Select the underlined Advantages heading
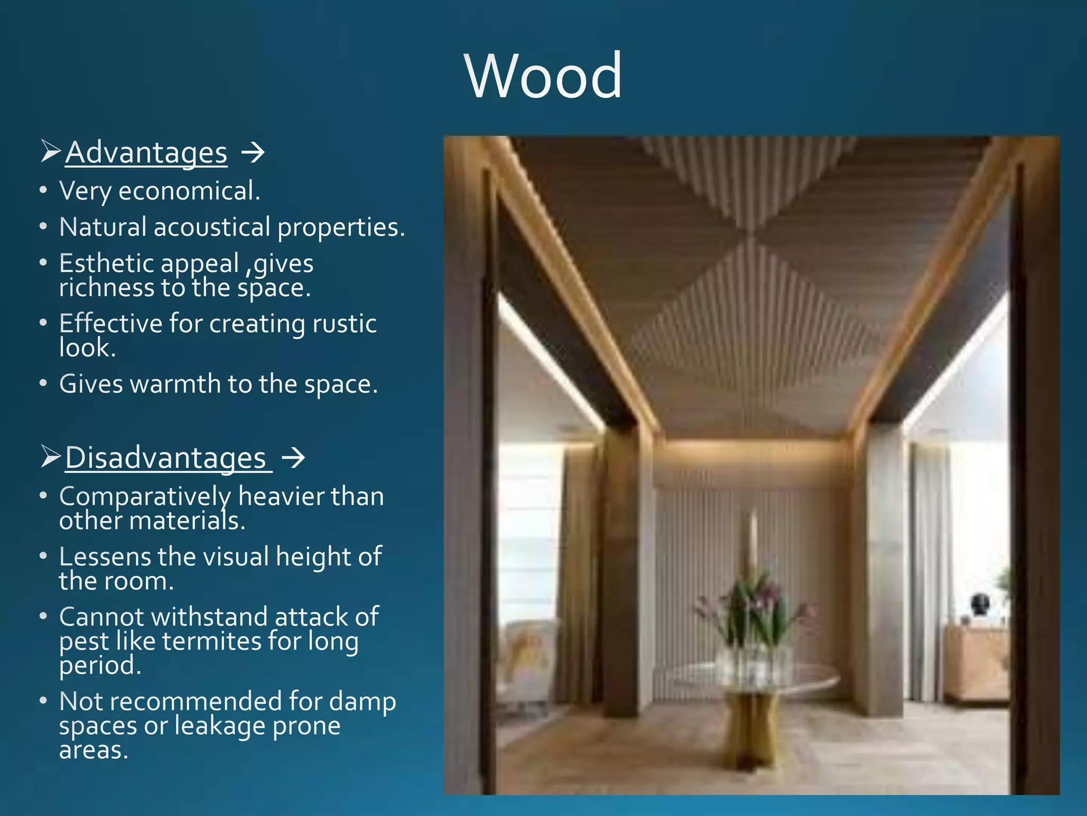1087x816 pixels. click(146, 153)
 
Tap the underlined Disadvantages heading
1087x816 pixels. click(166, 458)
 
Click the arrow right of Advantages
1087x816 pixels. click(253, 154)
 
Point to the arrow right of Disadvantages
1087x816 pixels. click(293, 457)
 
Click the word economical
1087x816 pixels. click(189, 191)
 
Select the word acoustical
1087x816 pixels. click(212, 227)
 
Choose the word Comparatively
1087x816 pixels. click(145, 497)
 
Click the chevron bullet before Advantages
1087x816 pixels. click(51, 152)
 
